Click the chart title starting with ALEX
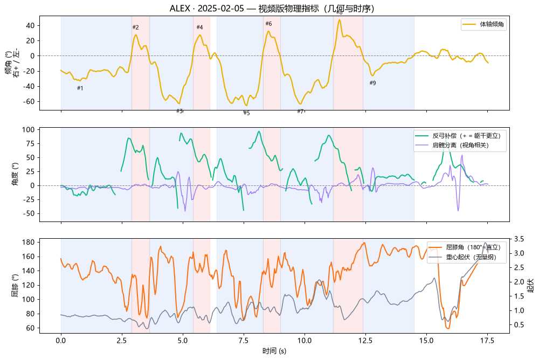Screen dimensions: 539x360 [x=272, y=8]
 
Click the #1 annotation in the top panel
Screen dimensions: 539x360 [x=80, y=88]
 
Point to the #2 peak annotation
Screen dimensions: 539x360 [x=136, y=27]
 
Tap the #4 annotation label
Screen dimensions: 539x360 [x=200, y=27]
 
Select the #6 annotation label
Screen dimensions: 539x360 [x=269, y=24]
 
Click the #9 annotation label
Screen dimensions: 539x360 [x=372, y=83]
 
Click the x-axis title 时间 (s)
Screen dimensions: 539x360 [x=274, y=351]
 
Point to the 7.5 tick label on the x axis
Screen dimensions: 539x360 [x=244, y=341]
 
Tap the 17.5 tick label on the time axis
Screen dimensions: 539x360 [x=487, y=341]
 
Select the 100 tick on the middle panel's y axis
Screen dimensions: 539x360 [x=29, y=130]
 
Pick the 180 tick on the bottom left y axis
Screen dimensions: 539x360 [x=29, y=242]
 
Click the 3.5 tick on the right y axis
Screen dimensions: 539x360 [x=519, y=239]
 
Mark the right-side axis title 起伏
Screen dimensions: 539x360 [x=531, y=286]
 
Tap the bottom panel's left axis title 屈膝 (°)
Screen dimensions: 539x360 [x=15, y=286]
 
